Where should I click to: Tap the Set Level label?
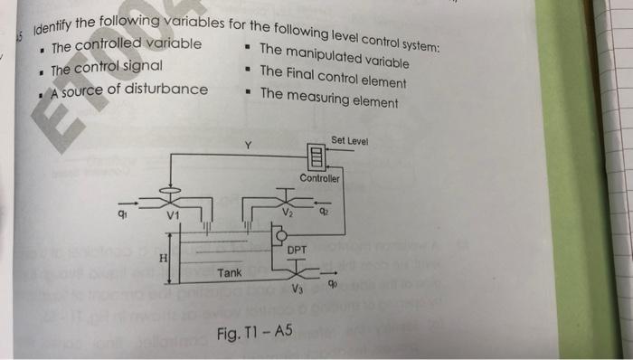[x=348, y=141]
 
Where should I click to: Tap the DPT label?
[x=297, y=249]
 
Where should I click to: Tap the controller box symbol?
[x=316, y=158]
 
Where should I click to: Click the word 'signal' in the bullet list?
[x=139, y=67]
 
